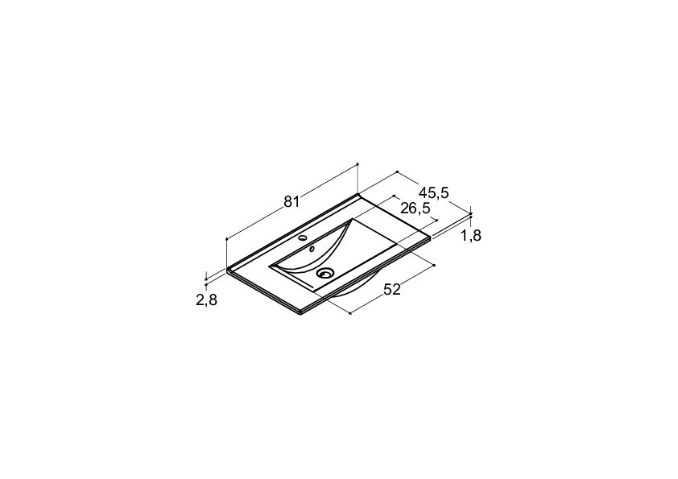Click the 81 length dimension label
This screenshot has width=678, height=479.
pyautogui.click(x=291, y=202)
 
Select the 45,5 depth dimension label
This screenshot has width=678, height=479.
pyautogui.click(x=434, y=193)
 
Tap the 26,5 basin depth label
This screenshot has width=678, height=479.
pyautogui.click(x=415, y=209)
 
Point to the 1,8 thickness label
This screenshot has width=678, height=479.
pyautogui.click(x=471, y=236)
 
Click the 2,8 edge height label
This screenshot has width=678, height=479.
pyautogui.click(x=206, y=300)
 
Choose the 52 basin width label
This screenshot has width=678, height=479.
pyautogui.click(x=392, y=289)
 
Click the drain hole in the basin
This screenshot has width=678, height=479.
pyautogui.click(x=325, y=273)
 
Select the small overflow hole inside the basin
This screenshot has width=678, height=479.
pyautogui.click(x=312, y=249)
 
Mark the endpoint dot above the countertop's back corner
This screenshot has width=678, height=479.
pyautogui.click(x=358, y=164)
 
